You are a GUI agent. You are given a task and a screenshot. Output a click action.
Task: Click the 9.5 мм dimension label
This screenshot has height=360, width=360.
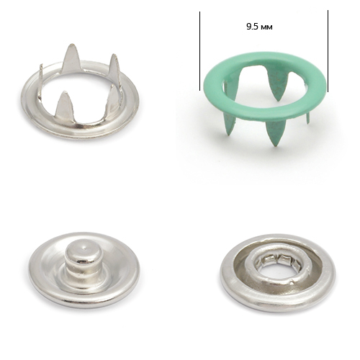pos(259,27)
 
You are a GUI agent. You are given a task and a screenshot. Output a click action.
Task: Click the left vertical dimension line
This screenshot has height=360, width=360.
pos(199,51)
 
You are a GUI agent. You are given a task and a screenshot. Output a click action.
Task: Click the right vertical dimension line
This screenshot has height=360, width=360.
pos(328,51)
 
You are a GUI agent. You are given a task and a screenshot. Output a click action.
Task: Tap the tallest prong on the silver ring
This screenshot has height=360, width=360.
pos(71,58)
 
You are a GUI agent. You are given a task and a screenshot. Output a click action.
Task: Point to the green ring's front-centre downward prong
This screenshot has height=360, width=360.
pos(276,132)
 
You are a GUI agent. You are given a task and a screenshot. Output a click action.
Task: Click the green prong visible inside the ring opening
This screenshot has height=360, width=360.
pos(279,87)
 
